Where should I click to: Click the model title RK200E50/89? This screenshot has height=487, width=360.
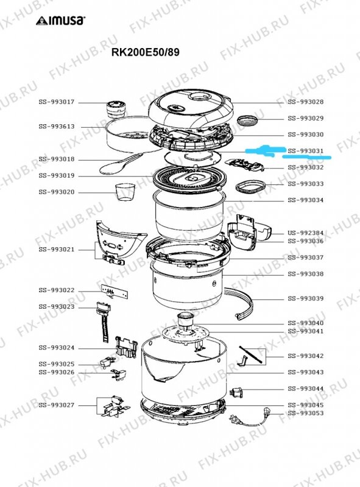(145, 52)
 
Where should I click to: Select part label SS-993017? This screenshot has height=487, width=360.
(56, 102)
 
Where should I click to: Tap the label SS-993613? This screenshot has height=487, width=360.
(56, 127)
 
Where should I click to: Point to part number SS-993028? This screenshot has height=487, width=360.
(305, 102)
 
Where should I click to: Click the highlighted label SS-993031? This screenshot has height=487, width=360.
(305, 151)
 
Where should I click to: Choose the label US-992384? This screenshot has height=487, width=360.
(305, 233)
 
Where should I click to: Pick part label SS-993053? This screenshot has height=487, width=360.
(305, 413)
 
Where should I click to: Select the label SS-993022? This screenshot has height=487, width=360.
(56, 290)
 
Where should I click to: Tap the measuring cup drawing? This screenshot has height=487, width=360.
(124, 191)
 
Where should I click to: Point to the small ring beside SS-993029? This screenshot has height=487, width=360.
(247, 119)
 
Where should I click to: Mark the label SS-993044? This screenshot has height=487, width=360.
(305, 388)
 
